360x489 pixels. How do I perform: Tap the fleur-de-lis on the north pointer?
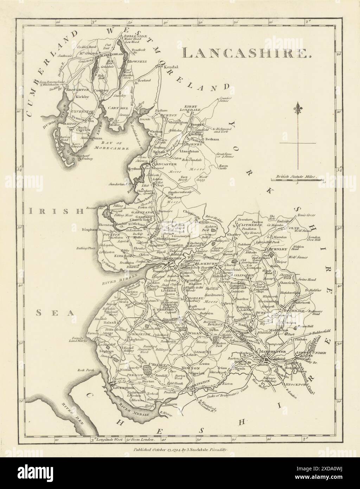(x=299, y=108)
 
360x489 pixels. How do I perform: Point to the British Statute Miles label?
(x=296, y=178)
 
